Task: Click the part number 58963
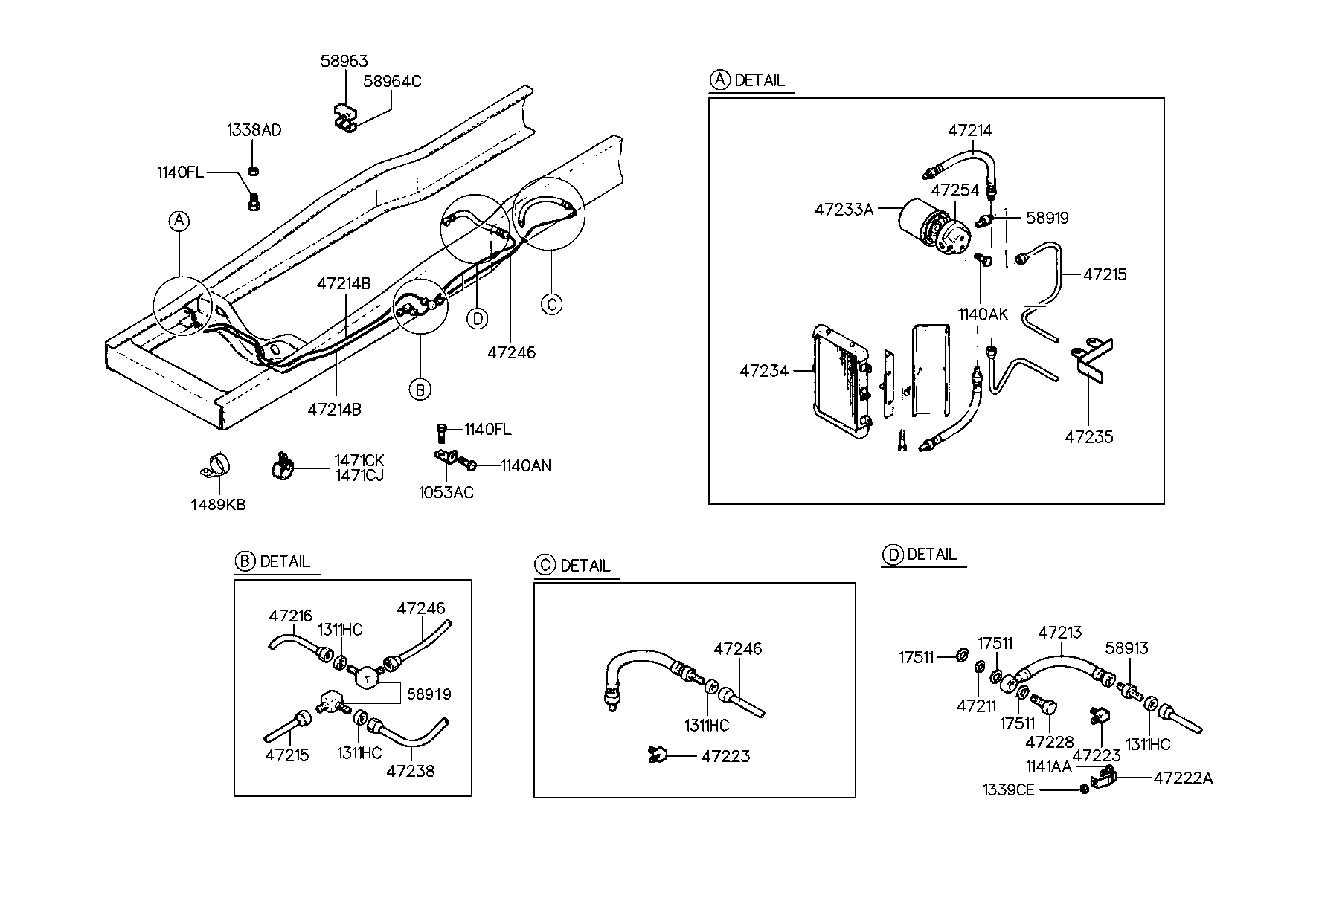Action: (x=344, y=61)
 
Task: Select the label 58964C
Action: (x=392, y=81)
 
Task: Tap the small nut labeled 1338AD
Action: (x=254, y=171)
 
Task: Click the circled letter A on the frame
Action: (x=179, y=221)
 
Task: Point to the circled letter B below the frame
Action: (x=420, y=389)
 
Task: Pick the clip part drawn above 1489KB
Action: (x=217, y=466)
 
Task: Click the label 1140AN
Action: (x=525, y=466)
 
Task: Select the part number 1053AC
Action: (x=446, y=492)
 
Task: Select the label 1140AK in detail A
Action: (x=983, y=314)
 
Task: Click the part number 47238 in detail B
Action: (x=410, y=771)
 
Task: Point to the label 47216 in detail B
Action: (x=291, y=616)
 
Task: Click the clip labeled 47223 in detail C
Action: (x=657, y=755)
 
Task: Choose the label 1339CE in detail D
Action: (x=1008, y=789)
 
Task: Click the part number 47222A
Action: (x=1183, y=778)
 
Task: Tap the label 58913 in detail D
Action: (x=1126, y=648)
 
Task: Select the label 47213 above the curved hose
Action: (x=1060, y=633)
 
